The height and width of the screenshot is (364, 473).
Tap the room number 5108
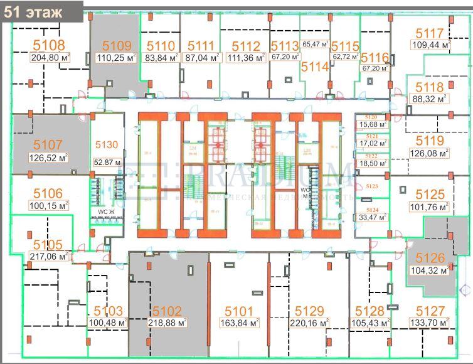(x=48, y=45)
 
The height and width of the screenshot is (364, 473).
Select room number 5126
(x=430, y=258)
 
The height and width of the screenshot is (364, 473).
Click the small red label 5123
(x=372, y=186)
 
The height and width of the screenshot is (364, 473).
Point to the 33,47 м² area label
(x=372, y=217)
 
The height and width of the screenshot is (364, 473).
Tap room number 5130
(x=106, y=145)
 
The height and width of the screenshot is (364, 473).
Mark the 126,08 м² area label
(x=430, y=152)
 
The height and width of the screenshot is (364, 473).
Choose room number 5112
(x=246, y=46)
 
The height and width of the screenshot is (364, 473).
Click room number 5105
(x=48, y=245)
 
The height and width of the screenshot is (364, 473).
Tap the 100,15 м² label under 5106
(x=48, y=205)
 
